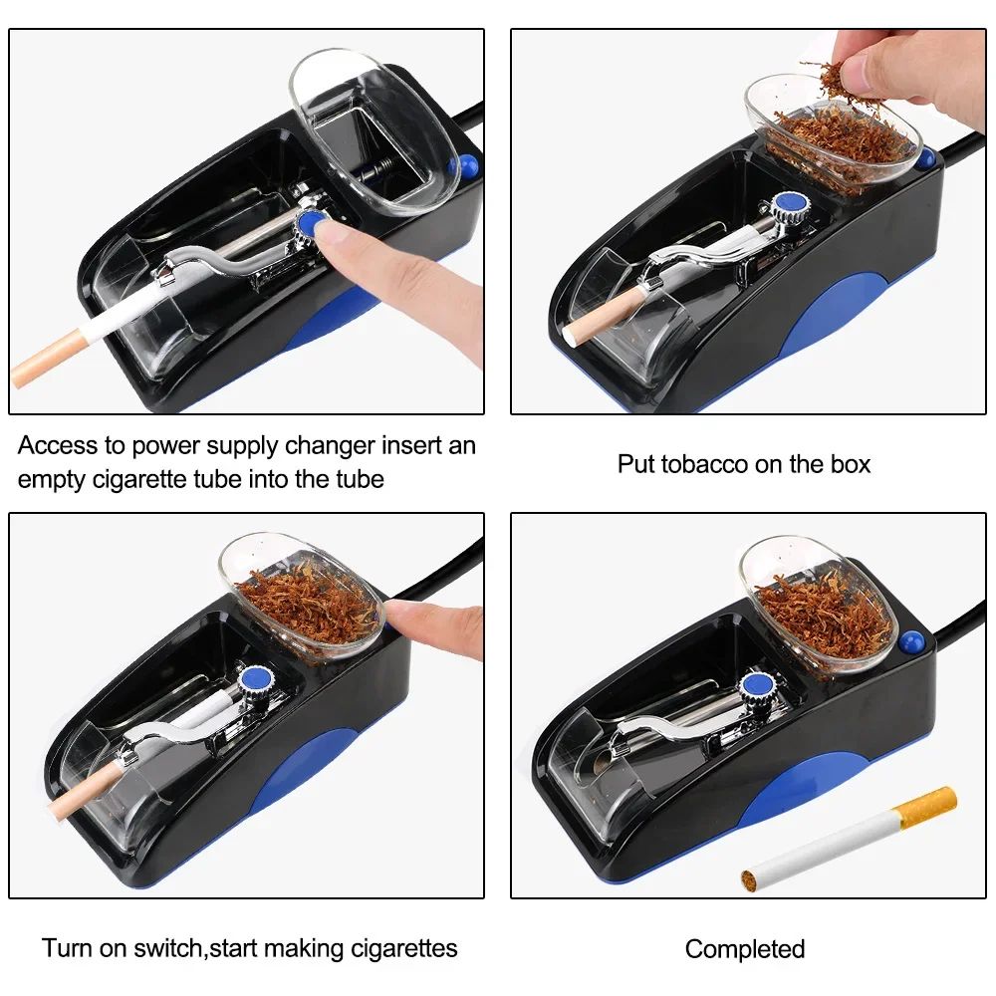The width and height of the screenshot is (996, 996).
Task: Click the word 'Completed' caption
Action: pos(744,949)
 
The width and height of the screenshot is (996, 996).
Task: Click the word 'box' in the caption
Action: pos(849,464)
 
